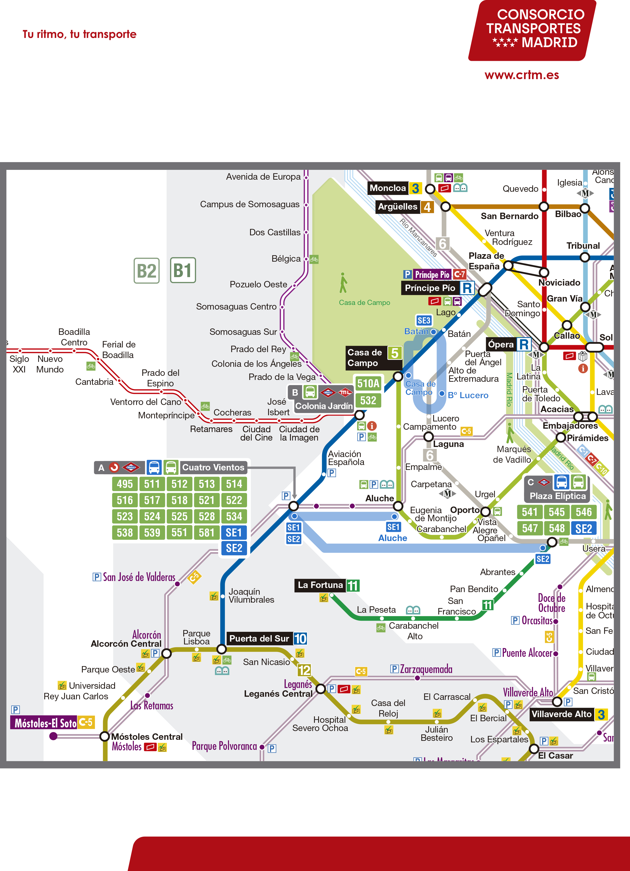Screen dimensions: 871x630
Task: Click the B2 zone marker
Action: (x=146, y=271)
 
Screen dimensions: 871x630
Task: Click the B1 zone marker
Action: (x=183, y=270)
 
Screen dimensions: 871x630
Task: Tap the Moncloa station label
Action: (x=388, y=188)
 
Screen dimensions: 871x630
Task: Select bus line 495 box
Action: (x=125, y=484)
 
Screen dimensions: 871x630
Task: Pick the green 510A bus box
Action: (x=368, y=383)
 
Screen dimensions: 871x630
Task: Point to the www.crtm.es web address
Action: (x=522, y=75)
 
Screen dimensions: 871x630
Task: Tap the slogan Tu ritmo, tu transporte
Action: (x=79, y=35)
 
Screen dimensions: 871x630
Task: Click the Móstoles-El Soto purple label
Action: (x=45, y=723)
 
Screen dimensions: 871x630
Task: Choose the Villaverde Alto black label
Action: (x=561, y=714)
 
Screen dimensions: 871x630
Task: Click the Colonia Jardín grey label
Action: (x=323, y=406)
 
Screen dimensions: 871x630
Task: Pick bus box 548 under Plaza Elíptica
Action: (x=557, y=528)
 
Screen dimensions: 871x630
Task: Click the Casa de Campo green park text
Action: (x=364, y=303)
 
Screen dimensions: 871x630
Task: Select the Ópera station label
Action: (x=501, y=344)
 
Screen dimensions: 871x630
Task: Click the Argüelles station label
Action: (x=397, y=207)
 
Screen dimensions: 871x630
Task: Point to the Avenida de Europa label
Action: (x=263, y=177)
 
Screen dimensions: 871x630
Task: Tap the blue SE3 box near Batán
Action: (x=424, y=321)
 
